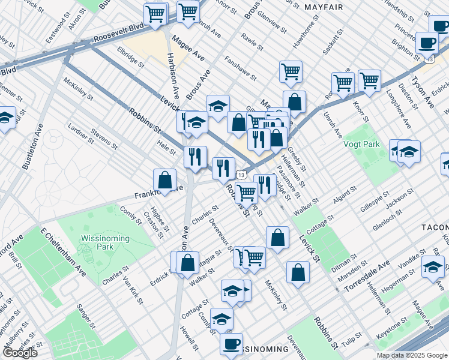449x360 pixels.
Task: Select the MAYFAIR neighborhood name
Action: (324, 7)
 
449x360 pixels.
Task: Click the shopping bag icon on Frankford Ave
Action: (164, 179)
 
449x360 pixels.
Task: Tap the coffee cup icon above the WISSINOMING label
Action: (231, 344)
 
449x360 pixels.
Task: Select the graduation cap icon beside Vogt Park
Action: (409, 151)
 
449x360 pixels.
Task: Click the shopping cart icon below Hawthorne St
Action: (291, 71)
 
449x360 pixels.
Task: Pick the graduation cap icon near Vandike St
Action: (433, 267)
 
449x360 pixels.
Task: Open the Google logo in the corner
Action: (19, 353)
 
